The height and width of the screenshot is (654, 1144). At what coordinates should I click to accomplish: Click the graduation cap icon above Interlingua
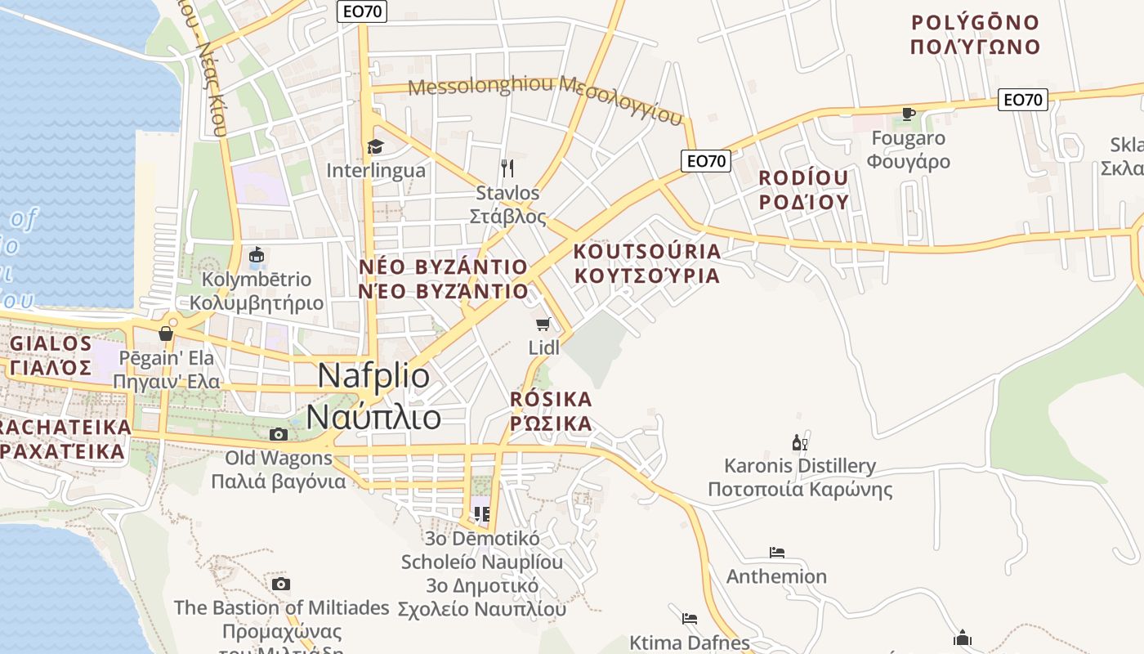pos(375,146)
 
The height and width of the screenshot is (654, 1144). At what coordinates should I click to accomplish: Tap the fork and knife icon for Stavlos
pos(508,168)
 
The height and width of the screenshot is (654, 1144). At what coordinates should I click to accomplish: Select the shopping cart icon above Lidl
pos(543,324)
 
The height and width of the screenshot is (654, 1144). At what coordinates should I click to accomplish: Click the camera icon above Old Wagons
pos(279,434)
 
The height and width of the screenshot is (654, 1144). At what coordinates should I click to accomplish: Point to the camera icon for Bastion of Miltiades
pos(281,584)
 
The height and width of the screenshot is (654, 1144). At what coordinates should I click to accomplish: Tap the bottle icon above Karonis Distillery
pos(799,443)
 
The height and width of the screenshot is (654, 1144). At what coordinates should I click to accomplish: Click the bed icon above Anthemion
pos(776,553)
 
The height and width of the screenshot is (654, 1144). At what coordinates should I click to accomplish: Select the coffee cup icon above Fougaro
pos(908,114)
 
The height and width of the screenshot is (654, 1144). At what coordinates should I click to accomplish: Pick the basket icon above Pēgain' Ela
pos(166,334)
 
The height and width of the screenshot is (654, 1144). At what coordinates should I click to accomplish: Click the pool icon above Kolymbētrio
pos(257,256)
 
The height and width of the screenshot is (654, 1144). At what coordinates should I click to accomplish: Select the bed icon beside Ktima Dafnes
pos(690,618)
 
